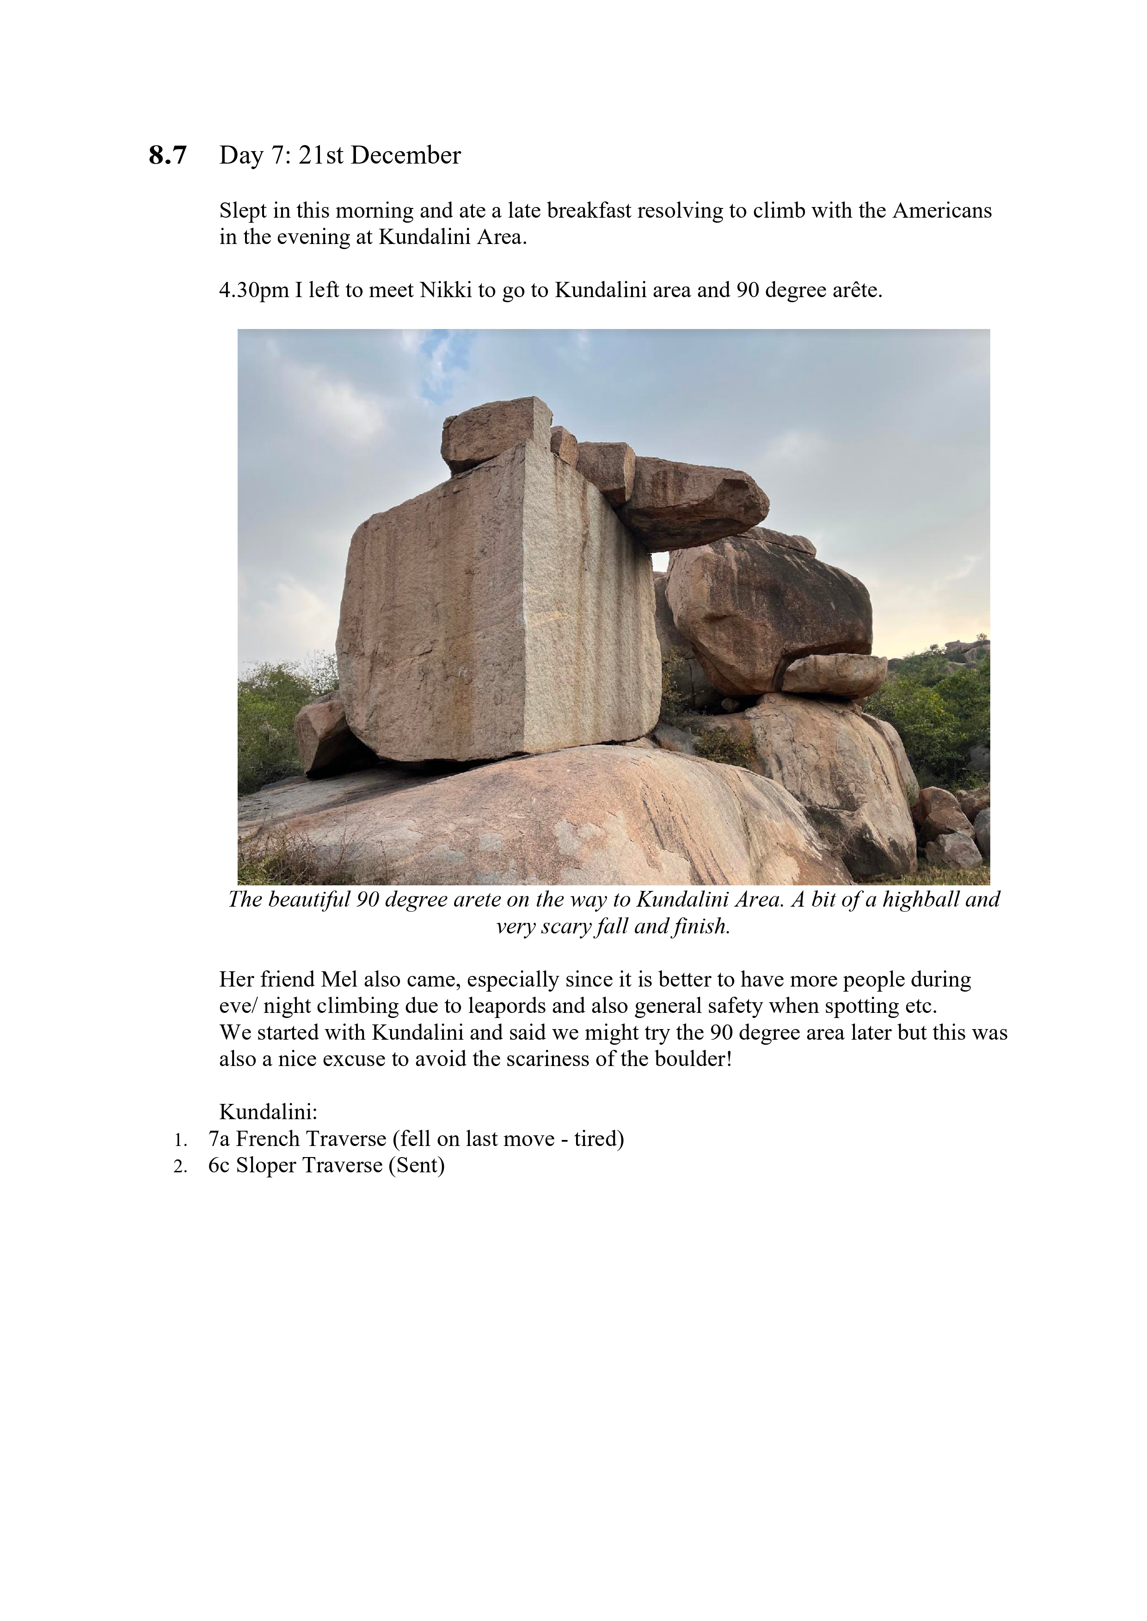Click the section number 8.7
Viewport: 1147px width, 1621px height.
[167, 155]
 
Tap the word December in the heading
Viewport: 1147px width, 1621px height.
[405, 155]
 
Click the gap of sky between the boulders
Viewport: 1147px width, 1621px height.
[660, 561]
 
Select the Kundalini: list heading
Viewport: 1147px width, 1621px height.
[269, 1112]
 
